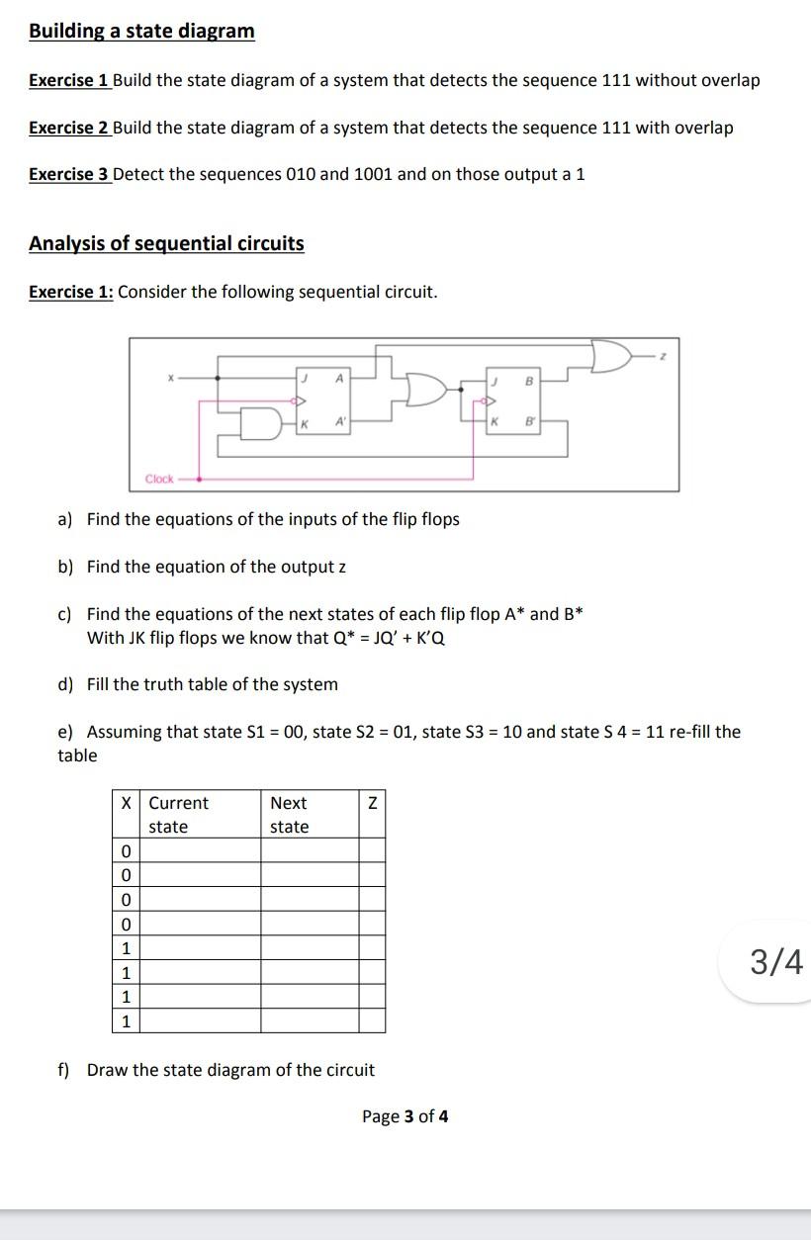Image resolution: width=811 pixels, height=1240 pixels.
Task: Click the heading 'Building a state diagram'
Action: (x=141, y=31)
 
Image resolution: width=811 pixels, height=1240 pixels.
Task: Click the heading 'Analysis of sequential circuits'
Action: (x=166, y=243)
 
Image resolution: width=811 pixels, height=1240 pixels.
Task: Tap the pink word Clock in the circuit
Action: (x=159, y=479)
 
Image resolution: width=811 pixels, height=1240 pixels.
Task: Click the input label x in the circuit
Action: (x=170, y=377)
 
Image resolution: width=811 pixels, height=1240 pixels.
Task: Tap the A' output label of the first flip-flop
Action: (x=339, y=422)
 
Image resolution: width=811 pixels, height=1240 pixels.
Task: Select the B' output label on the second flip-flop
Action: (x=528, y=422)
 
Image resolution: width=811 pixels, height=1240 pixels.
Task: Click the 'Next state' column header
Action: (x=289, y=815)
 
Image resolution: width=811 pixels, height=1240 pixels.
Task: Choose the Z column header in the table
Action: (x=372, y=803)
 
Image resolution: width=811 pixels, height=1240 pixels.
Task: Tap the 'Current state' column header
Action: (x=178, y=815)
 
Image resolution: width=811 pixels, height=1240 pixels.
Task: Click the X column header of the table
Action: (x=126, y=803)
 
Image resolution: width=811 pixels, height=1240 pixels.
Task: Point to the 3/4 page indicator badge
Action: (x=776, y=961)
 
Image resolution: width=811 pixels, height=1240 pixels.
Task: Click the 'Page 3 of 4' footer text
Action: (x=405, y=1116)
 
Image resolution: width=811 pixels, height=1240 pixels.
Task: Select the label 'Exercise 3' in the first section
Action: (x=68, y=174)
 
